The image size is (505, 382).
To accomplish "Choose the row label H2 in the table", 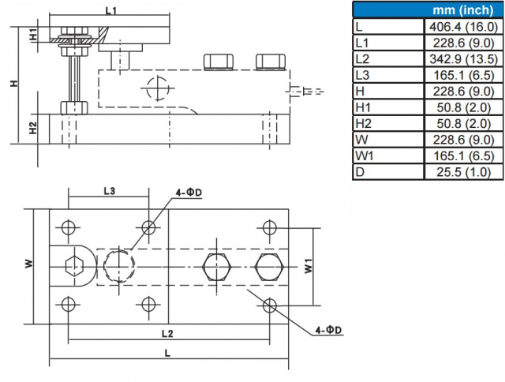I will [364, 124].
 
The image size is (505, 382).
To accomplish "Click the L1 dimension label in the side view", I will [111, 10].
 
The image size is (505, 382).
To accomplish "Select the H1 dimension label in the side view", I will [33, 36].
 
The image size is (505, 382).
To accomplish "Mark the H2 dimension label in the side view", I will [33, 129].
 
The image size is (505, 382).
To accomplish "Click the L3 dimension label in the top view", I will [110, 191].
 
